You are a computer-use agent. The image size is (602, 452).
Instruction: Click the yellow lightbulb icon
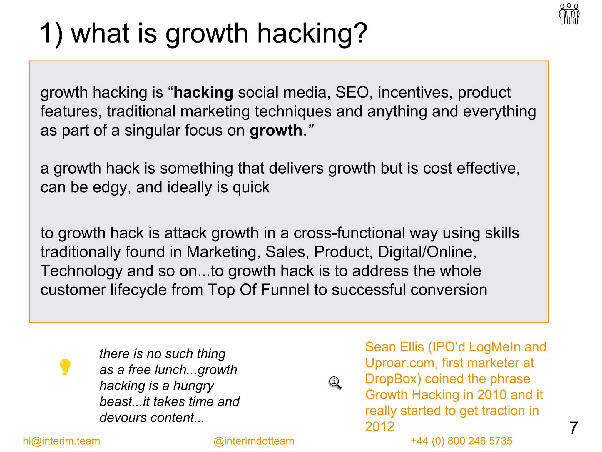coord(65,367)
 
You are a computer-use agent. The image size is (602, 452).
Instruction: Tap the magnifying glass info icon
coord(335,383)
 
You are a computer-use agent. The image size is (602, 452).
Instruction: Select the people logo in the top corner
coord(569,14)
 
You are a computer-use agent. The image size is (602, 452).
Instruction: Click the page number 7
coord(573,428)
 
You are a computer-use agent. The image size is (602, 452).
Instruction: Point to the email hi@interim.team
coord(61,441)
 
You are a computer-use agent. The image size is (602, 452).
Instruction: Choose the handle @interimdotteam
coord(254,441)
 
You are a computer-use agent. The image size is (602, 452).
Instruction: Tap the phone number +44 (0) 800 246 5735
coord(461,441)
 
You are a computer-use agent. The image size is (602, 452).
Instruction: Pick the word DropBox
coord(391,379)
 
